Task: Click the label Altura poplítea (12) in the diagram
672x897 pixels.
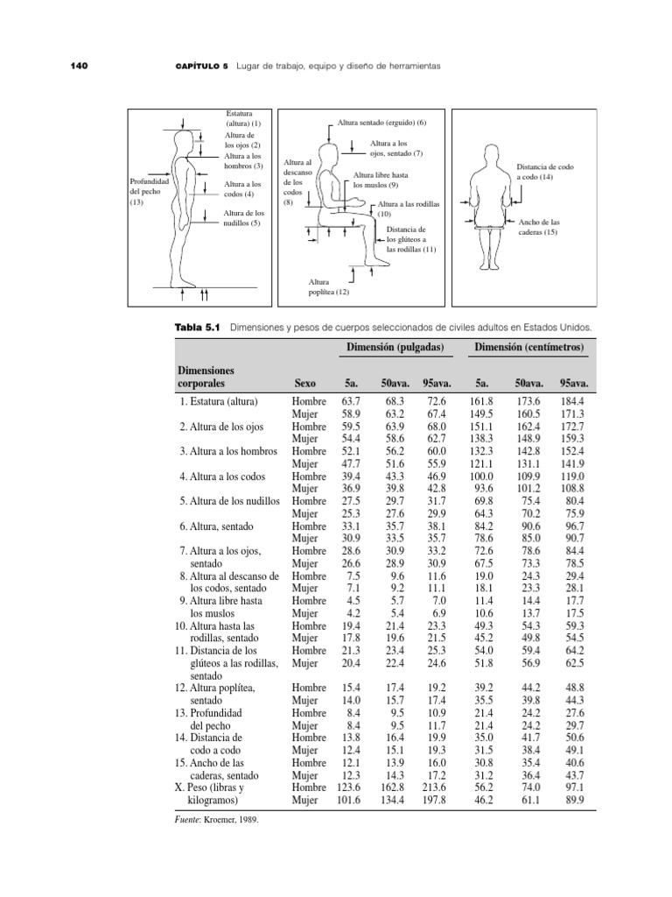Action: [x=326, y=286]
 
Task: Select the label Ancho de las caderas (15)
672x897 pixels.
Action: [x=538, y=227]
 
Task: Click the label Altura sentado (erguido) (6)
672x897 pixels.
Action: [x=381, y=122]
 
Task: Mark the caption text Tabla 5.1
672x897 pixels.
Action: [x=199, y=328]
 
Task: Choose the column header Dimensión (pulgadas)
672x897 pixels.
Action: [x=394, y=349]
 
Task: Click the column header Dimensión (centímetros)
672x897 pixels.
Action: [x=530, y=349]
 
